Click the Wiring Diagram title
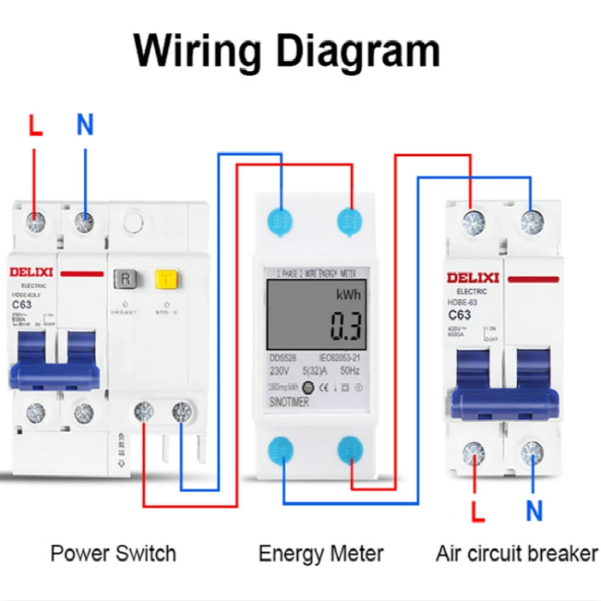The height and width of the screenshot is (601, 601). point(286,51)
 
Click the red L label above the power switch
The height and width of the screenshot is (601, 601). point(35,126)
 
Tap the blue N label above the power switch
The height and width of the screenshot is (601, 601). point(85,125)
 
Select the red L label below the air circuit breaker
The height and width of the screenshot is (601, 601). point(478,510)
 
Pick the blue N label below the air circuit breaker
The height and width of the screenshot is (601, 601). point(534,510)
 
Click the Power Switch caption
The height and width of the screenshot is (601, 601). point(113,553)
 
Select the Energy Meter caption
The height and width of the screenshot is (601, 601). point(321,553)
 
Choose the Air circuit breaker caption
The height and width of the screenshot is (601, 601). point(517,553)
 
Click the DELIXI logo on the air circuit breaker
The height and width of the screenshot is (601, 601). point(473,278)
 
